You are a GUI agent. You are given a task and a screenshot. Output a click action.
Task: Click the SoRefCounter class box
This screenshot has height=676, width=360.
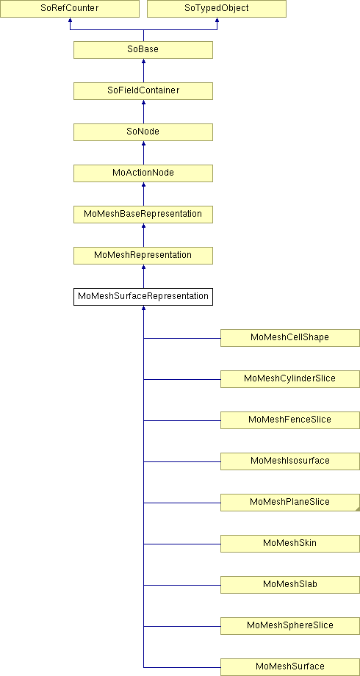[x=70, y=9]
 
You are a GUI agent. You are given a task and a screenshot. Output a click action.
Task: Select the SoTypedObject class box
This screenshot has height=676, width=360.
[x=217, y=9]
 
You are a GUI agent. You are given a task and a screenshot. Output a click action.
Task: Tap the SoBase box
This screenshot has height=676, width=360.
[x=143, y=49]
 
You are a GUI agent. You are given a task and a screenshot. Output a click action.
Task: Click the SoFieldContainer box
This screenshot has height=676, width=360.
[x=143, y=91]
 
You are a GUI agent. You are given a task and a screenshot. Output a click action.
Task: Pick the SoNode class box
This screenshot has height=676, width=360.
[x=143, y=132]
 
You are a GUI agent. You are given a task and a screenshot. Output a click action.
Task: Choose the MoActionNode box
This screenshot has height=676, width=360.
[x=143, y=173]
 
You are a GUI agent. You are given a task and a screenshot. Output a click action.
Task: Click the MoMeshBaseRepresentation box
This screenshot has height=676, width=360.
[x=143, y=215]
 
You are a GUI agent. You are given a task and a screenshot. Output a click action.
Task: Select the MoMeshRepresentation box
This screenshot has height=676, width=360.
[x=143, y=256]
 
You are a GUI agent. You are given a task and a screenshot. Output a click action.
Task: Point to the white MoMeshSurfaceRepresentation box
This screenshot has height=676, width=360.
[x=143, y=297]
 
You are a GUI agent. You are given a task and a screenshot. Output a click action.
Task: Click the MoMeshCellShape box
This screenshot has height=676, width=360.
[x=290, y=338]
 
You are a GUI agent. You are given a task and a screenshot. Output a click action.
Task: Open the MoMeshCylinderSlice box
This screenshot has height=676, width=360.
[x=290, y=379]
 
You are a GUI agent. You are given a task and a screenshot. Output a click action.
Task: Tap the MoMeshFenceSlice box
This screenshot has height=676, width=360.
[x=290, y=420]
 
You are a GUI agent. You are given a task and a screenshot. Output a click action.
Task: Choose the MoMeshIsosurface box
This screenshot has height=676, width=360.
[x=290, y=461]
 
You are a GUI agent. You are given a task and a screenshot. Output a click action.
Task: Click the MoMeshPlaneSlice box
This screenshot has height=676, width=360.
[x=290, y=503]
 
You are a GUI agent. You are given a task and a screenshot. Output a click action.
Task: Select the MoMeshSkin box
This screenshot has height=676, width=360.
[x=290, y=544]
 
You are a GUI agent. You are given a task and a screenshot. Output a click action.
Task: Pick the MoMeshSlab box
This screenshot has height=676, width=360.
[x=290, y=585]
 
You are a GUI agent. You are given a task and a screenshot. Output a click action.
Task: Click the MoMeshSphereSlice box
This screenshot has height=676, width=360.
[x=290, y=626]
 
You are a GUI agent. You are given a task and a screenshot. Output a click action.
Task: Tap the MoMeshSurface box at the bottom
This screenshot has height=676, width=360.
[x=290, y=667]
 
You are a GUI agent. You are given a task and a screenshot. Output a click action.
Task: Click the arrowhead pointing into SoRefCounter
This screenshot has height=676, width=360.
[x=70, y=20]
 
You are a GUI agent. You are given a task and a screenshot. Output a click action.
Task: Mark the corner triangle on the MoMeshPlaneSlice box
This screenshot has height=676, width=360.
[x=358, y=509]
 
